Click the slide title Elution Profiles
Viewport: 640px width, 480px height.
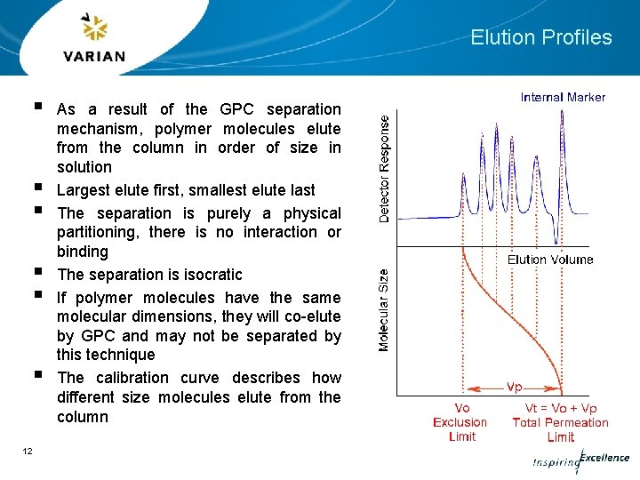pos(540,37)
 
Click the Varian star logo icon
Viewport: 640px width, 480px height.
pos(94,29)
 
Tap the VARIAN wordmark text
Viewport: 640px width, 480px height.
pos(94,57)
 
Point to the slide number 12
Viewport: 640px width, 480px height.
pos(28,452)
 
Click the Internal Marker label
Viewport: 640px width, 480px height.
pos(563,97)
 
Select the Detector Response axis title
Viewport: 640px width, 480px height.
pos(384,169)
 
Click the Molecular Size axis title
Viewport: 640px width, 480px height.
pos(384,309)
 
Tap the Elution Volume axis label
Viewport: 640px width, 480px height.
pos(549,260)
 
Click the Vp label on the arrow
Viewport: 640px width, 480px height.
pos(514,388)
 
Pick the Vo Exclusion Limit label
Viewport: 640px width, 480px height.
pos(460,422)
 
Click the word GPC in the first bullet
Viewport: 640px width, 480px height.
pos(236,109)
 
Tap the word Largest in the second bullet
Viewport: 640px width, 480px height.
pos(84,190)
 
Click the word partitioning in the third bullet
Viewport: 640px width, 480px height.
pos(100,232)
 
